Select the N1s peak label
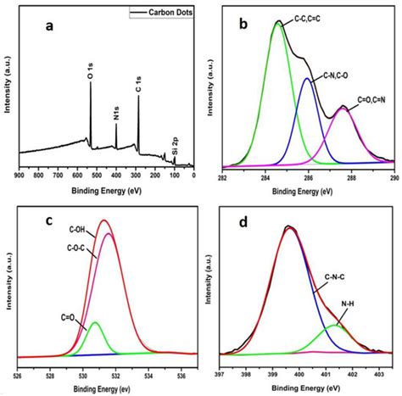(116, 111)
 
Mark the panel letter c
(49, 221)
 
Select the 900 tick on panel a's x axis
(19, 175)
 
